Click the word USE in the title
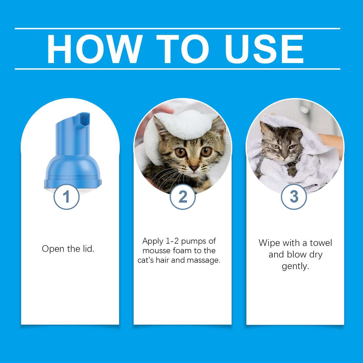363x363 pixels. coord(264,49)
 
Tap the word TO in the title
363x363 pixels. coord(182,49)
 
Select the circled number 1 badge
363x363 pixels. coord(66,197)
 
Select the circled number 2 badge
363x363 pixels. coord(183,197)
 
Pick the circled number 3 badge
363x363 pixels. coord(294,197)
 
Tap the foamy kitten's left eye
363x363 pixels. coord(180,152)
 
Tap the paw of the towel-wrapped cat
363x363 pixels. coord(292,172)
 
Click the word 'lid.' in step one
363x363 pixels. coord(88,249)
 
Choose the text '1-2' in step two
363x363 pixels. coord(172,241)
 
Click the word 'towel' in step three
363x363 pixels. coord(321,243)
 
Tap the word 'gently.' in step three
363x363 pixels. coord(295,266)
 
